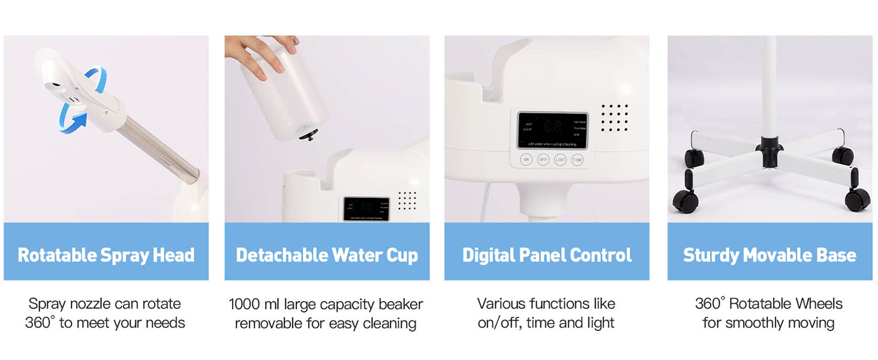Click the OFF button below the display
pyautogui.click(x=543, y=160)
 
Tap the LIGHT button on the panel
pyautogui.click(x=560, y=160)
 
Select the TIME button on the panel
pyautogui.click(x=577, y=160)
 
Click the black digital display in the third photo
pyautogui.click(x=552, y=130)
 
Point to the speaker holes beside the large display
pyautogui.click(x=614, y=118)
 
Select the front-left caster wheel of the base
pyautogui.click(x=685, y=201)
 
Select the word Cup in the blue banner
pyautogui.click(x=402, y=255)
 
